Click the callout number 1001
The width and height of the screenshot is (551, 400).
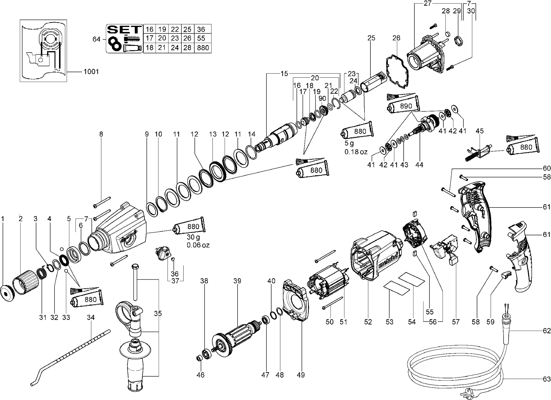pyautogui.click(x=91, y=72)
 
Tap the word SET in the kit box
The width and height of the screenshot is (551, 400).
pyautogui.click(x=124, y=30)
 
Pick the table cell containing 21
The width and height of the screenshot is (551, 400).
pyautogui.click(x=162, y=48)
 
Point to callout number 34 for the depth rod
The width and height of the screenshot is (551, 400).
pyautogui.click(x=91, y=318)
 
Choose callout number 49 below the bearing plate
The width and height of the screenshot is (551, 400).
pyautogui.click(x=301, y=375)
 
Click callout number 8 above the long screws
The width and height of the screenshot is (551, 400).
pyautogui.click(x=101, y=134)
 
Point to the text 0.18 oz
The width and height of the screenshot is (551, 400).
pyautogui.click(x=356, y=152)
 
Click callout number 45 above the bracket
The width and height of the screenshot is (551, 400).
pyautogui.click(x=479, y=131)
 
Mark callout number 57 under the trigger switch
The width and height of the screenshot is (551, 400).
pyautogui.click(x=456, y=322)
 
